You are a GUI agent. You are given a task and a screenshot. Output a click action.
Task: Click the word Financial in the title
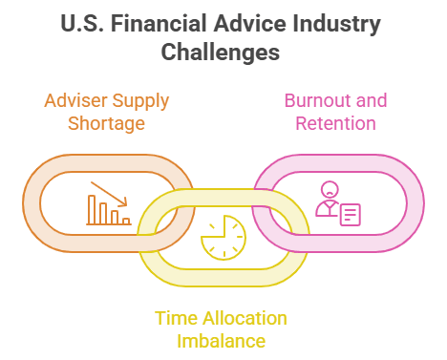coord(159,24)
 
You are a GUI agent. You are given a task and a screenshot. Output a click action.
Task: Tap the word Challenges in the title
coord(221,53)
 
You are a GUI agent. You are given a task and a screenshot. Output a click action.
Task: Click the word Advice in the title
coord(249,24)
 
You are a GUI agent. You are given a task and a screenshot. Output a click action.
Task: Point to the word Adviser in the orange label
coord(75,100)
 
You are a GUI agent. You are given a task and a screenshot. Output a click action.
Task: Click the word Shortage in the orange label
coord(106,124)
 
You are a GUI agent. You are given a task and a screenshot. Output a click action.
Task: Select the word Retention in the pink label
coord(335,123)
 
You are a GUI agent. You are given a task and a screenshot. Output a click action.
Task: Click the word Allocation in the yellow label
coord(245,318)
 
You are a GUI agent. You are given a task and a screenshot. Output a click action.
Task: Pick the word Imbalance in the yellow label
coord(221,341)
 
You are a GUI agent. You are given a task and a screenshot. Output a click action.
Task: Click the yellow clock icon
coord(223,238)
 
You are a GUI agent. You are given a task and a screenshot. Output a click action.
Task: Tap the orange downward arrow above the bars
coord(109,194)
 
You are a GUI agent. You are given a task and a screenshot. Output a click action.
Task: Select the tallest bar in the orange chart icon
coord(92,210)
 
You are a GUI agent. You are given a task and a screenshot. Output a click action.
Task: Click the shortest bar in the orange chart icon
coord(126,222)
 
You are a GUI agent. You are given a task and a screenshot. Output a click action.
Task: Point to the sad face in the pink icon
coord(330,190)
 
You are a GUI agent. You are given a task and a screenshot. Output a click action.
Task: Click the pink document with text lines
coord(351,215)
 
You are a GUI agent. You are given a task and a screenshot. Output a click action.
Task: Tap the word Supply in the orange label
coord(140,101)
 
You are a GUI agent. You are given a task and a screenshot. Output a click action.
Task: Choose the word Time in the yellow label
coord(176,318)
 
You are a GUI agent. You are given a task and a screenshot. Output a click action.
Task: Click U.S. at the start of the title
coord(82,24)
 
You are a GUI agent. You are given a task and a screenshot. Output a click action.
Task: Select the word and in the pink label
coord(372,100)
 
